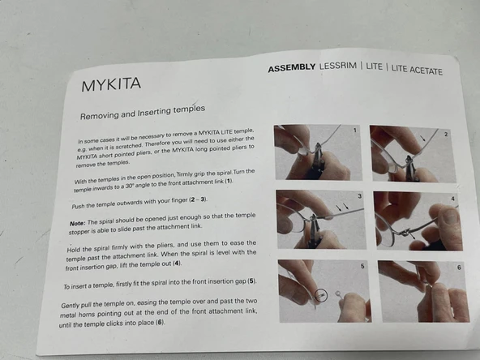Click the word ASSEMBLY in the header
point(291,68)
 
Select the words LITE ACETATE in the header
point(417,71)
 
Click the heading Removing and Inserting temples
point(142,109)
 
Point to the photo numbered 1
point(317,152)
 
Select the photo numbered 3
point(319,219)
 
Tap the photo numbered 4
point(418,221)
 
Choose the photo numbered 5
point(319,290)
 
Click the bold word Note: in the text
point(78,222)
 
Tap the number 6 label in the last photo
point(458,268)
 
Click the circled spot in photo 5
point(322,294)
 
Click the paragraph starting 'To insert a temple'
point(158,286)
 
